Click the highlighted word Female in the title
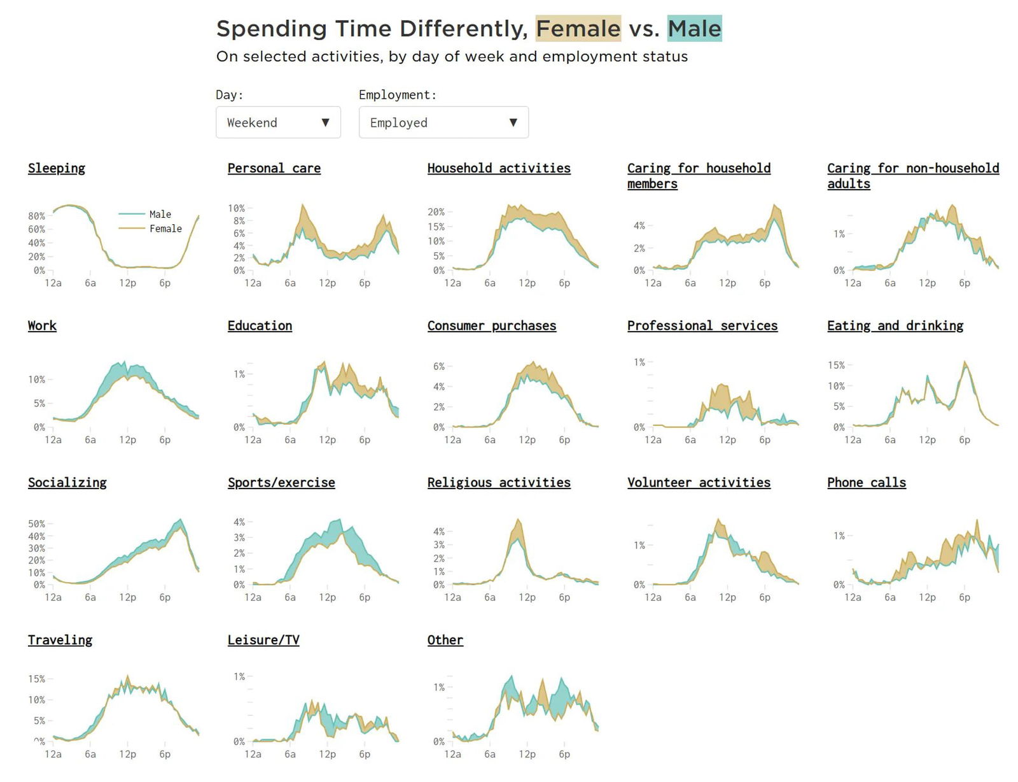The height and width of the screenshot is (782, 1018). point(578,29)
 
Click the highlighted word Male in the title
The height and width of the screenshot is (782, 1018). point(694,29)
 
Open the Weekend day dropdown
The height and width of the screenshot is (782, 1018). point(278,122)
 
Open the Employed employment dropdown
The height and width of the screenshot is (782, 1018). point(443,122)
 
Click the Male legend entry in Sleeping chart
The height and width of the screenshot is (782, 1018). point(160,214)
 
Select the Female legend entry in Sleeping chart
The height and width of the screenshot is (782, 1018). point(165,229)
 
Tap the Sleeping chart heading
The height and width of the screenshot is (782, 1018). point(57,168)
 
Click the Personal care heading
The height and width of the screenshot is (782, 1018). point(274,168)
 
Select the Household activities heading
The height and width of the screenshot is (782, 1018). point(499,168)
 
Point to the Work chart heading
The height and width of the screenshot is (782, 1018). point(42,325)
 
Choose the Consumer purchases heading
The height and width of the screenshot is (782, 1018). point(492,325)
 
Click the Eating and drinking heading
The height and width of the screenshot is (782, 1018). point(895,325)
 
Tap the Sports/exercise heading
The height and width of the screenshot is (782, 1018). point(281,483)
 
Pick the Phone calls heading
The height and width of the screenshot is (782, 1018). point(867,483)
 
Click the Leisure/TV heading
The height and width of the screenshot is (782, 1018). point(263,640)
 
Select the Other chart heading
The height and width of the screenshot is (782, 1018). point(445,640)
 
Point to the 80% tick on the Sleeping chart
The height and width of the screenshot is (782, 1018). point(36,216)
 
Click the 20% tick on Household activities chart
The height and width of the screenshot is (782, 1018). point(436,211)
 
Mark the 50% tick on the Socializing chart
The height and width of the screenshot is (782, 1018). point(36,524)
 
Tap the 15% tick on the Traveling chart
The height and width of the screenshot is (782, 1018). point(36,679)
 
